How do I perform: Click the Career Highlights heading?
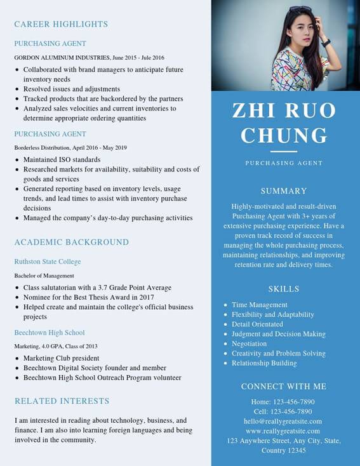[x=61, y=24]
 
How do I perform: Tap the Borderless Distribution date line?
[x=70, y=148]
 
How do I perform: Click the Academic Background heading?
[x=72, y=242]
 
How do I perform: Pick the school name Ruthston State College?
[x=48, y=262]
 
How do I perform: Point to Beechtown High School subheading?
[x=50, y=333]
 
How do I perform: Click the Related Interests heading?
[x=62, y=401]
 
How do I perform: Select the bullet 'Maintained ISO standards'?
[x=62, y=159]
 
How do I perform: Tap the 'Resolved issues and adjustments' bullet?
[x=72, y=89]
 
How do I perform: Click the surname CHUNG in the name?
[x=284, y=135]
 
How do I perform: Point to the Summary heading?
[x=284, y=190]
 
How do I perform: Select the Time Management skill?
[x=260, y=305]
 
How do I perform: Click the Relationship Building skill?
[x=264, y=363]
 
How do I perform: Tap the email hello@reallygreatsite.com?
[x=283, y=421]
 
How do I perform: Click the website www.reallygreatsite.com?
[x=283, y=431]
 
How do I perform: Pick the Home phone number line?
[x=283, y=402]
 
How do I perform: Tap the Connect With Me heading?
[x=284, y=386]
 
